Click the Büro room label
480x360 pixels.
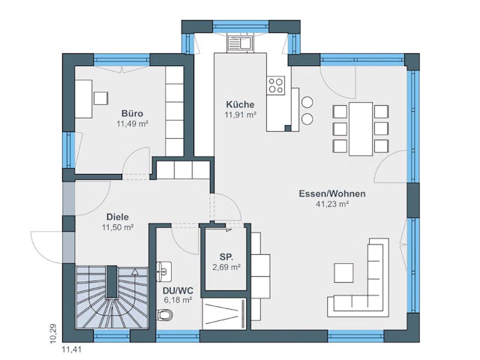[132, 113]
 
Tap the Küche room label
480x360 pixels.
[240, 105]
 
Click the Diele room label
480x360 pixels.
[117, 217]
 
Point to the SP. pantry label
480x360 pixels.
[225, 256]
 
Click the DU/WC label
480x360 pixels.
[177, 289]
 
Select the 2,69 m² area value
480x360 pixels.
[225, 266]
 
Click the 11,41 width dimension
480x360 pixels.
[73, 349]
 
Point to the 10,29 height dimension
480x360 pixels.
[52, 333]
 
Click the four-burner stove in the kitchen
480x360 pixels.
[275, 85]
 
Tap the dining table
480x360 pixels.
[361, 128]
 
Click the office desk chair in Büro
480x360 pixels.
[100, 97]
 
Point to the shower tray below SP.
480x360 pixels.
[223, 311]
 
